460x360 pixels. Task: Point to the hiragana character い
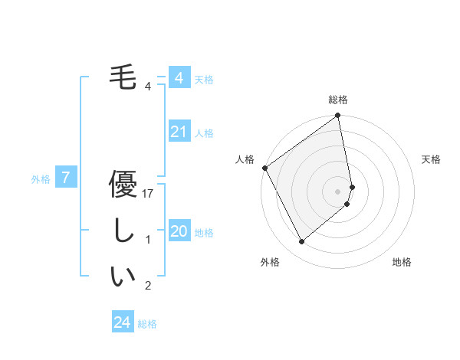[123, 277]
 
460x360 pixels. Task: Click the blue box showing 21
[179, 133]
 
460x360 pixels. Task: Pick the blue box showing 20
[179, 232]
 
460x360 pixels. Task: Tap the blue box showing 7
[66, 178]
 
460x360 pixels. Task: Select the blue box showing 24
[122, 322]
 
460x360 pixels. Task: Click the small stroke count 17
[149, 194]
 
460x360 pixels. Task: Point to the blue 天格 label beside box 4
[204, 79]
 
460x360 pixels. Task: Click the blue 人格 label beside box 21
[204, 133]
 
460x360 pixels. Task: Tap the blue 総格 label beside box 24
[147, 324]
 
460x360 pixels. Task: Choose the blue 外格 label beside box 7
[41, 179]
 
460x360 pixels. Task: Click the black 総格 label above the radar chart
[338, 100]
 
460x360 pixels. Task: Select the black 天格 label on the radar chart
[432, 159]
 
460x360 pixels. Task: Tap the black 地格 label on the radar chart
[402, 262]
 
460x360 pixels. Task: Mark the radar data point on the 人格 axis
[264, 168]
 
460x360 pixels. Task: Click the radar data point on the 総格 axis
[338, 116]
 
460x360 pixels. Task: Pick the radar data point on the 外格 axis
[301, 241]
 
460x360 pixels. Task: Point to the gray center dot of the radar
[338, 191]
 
